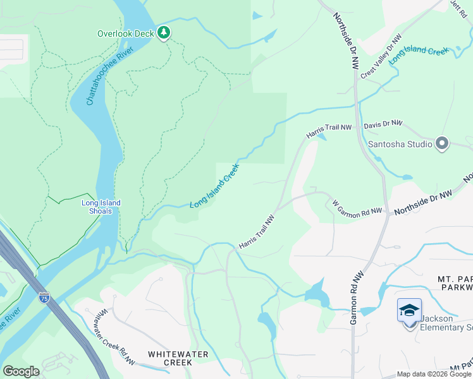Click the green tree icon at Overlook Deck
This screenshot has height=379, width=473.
coord(164,32)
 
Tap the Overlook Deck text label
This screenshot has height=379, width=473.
coord(126,33)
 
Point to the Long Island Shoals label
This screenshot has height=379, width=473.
coord(101,207)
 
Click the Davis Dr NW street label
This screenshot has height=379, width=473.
coord(383,124)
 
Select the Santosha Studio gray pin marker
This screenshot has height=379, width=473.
coord(442,143)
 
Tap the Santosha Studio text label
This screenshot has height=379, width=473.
coord(400,144)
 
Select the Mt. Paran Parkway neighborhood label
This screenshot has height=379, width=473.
coord(455,284)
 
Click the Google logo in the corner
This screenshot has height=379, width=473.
coord(21,371)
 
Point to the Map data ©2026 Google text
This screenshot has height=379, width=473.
coord(433,374)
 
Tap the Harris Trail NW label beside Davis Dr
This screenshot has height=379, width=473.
coord(329,131)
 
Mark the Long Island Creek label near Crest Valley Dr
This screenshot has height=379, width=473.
coord(419,54)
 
